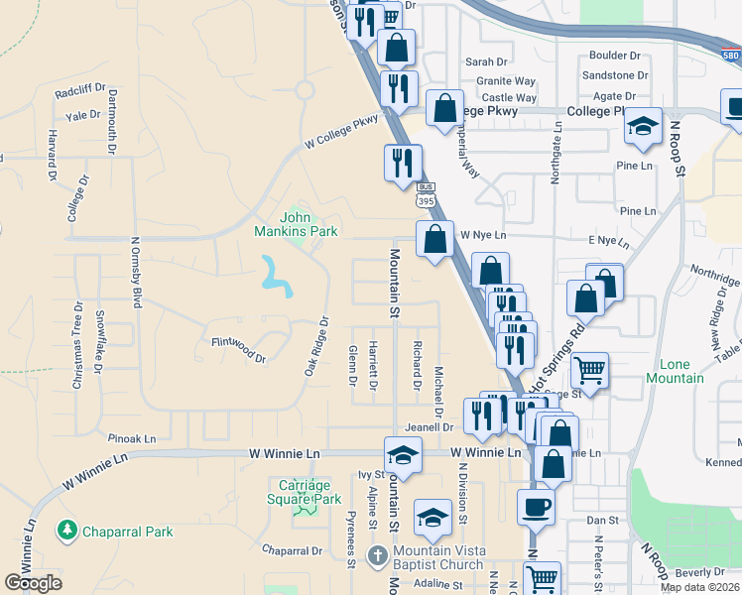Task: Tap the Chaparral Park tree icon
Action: pyautogui.click(x=67, y=531)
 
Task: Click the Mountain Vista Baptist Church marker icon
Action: pyautogui.click(x=377, y=554)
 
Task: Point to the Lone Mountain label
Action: pyautogui.click(x=675, y=371)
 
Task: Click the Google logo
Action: pyautogui.click(x=34, y=582)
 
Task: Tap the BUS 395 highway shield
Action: pyautogui.click(x=426, y=194)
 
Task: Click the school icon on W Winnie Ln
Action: pyautogui.click(x=403, y=455)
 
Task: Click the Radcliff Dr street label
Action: pyautogui.click(x=80, y=90)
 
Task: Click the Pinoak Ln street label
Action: pyautogui.click(x=133, y=437)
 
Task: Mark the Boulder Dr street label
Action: pyautogui.click(x=614, y=57)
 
